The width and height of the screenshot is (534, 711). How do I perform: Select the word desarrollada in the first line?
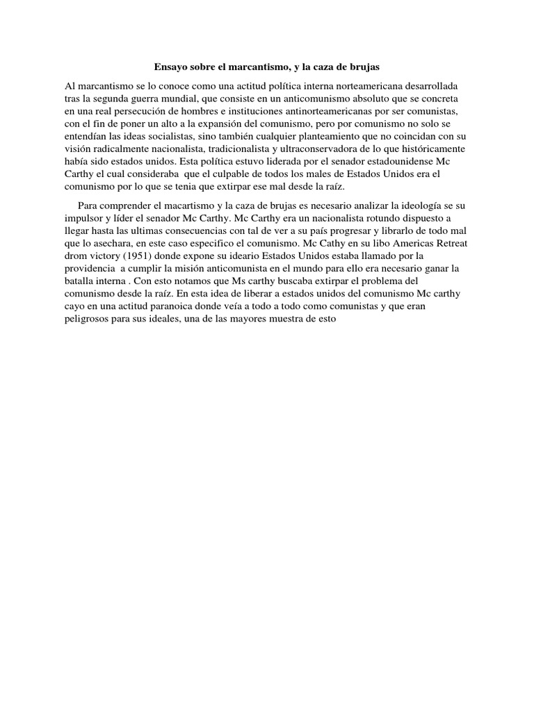pos(429,85)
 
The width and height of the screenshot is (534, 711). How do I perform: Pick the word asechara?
pos(120,244)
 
